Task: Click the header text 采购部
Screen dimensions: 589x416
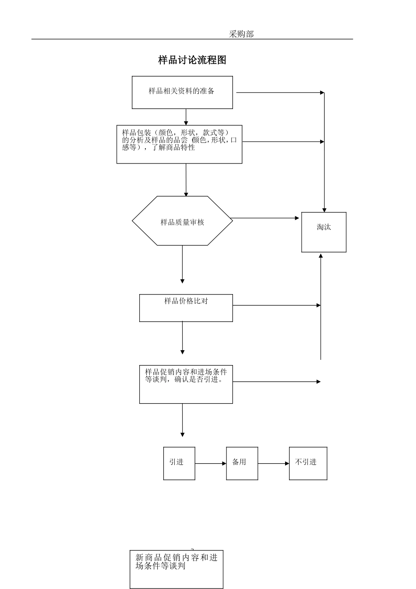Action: click(x=241, y=34)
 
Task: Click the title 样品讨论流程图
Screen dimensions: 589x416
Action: click(x=192, y=60)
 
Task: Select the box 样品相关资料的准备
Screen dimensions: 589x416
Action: click(x=182, y=92)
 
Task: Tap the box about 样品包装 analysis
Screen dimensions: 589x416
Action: click(x=179, y=144)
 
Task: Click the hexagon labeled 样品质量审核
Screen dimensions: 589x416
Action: click(x=182, y=221)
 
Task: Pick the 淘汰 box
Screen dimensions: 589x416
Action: click(x=324, y=232)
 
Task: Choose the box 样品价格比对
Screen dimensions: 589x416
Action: click(x=186, y=308)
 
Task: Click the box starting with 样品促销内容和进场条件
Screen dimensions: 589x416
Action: click(x=186, y=384)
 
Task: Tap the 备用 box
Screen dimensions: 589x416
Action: click(x=242, y=463)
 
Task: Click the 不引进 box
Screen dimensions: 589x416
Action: click(x=308, y=463)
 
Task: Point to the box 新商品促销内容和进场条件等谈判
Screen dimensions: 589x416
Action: click(x=176, y=569)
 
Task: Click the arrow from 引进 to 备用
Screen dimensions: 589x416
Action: click(x=211, y=463)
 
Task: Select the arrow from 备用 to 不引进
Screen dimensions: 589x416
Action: click(x=273, y=463)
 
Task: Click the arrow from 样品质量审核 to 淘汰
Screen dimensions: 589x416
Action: click(x=265, y=218)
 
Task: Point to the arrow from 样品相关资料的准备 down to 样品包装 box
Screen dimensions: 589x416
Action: click(x=186, y=117)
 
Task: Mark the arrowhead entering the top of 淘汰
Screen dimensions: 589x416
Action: click(x=324, y=209)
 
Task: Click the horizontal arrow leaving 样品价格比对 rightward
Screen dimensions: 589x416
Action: click(x=276, y=305)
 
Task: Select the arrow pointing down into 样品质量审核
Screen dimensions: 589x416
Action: click(x=186, y=180)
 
